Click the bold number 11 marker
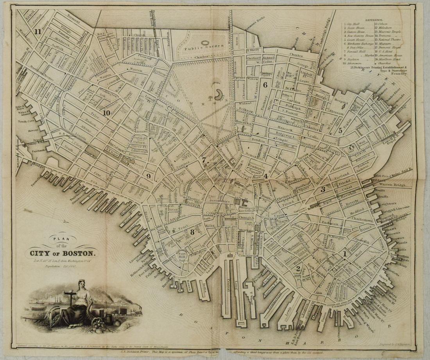(x=38, y=32)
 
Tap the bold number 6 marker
(x=265, y=84)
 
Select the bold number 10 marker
(x=106, y=113)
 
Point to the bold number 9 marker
(x=149, y=176)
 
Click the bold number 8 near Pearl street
(x=192, y=232)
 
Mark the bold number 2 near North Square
(x=298, y=268)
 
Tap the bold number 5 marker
(x=340, y=131)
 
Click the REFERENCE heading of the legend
(x=376, y=19)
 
